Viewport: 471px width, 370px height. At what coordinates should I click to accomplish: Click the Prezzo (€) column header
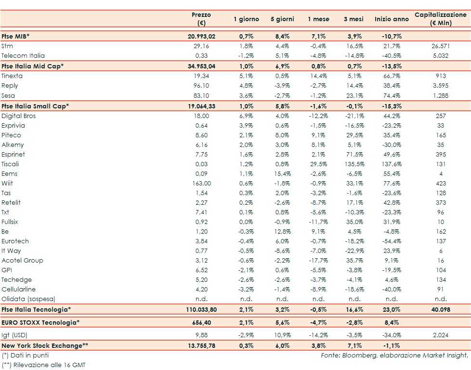coord(201,19)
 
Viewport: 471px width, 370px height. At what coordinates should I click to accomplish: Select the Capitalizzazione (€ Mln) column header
coord(440,19)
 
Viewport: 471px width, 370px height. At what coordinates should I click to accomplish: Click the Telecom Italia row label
coord(23,55)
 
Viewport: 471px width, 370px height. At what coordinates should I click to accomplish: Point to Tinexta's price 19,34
coord(201,76)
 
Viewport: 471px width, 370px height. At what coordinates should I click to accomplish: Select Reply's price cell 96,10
coord(201,85)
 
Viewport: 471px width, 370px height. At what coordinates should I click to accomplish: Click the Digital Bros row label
coord(19,116)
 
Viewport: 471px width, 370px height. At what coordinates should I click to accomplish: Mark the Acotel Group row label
coord(23,260)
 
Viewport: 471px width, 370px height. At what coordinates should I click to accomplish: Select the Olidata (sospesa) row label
coord(28,299)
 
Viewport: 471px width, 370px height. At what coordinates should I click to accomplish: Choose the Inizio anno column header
coord(392,19)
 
